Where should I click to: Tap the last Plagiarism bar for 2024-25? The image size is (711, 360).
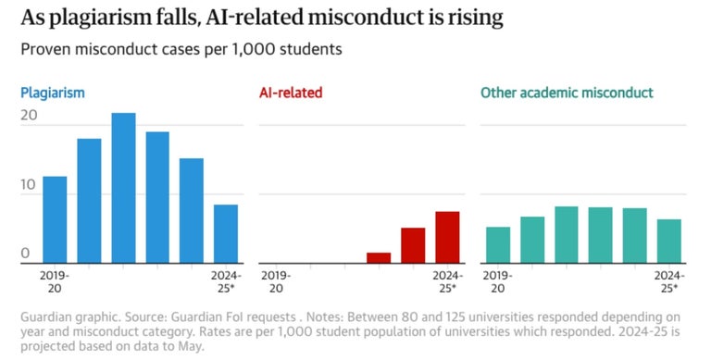pyautogui.click(x=226, y=234)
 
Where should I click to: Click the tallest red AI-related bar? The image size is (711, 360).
pyautogui.click(x=447, y=237)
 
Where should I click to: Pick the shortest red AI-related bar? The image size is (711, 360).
pyautogui.click(x=379, y=257)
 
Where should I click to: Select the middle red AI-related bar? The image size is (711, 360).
pyautogui.click(x=413, y=245)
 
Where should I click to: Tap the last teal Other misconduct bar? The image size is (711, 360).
pyautogui.click(x=669, y=241)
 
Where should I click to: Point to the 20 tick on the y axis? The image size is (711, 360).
pyautogui.click(x=29, y=116)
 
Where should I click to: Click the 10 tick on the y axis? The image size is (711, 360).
pyautogui.click(x=29, y=185)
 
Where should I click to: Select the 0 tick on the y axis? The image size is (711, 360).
pyautogui.click(x=25, y=254)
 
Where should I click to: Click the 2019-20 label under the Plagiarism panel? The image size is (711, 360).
pyautogui.click(x=56, y=281)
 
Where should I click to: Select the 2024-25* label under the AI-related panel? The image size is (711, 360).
pyautogui.click(x=447, y=281)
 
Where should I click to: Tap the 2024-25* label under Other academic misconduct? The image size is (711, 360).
pyautogui.click(x=668, y=281)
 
